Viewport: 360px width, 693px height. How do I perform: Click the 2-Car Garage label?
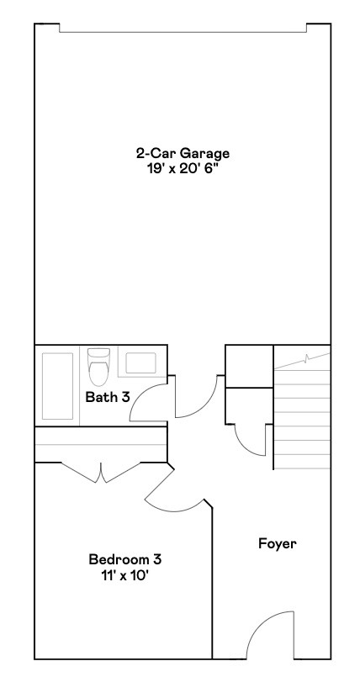(183, 154)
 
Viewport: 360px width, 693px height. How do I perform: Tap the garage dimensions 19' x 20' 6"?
(183, 169)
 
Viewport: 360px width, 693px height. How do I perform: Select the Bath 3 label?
(108, 397)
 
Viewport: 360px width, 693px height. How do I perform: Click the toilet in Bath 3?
(98, 367)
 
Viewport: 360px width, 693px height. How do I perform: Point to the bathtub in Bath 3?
(57, 386)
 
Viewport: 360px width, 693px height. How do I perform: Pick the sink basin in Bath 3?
(140, 362)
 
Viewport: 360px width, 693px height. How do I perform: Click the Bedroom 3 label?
(125, 559)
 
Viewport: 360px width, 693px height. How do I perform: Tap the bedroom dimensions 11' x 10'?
(125, 575)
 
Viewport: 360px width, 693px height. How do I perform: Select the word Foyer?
(278, 543)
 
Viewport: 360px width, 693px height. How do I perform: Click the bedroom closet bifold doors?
(101, 472)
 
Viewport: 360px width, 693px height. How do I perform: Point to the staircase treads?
(302, 418)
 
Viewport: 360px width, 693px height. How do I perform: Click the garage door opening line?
(183, 32)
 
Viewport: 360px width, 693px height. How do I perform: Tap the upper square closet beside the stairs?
(249, 367)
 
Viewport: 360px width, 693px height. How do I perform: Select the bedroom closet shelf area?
(101, 444)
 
